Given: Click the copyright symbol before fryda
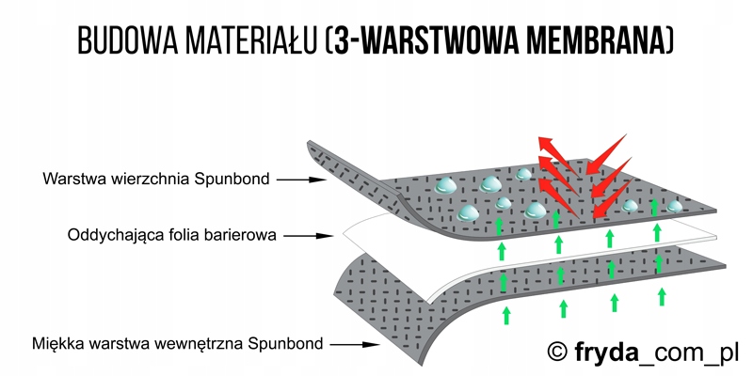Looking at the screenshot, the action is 558,352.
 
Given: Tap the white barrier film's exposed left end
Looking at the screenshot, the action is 353,227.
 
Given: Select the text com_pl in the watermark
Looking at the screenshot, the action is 691,352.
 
